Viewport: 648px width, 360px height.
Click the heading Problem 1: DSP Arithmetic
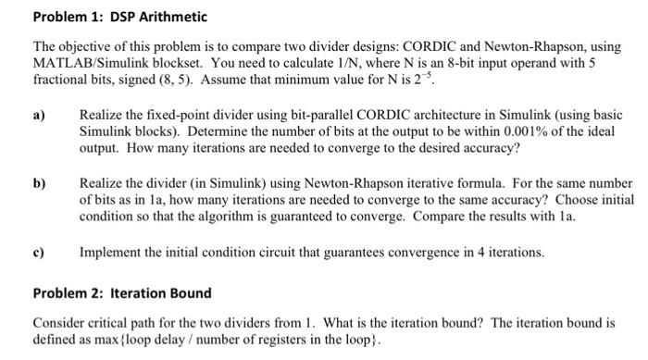[120, 17]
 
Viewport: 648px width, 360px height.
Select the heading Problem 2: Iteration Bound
[122, 293]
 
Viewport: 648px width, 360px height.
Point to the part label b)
[40, 183]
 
